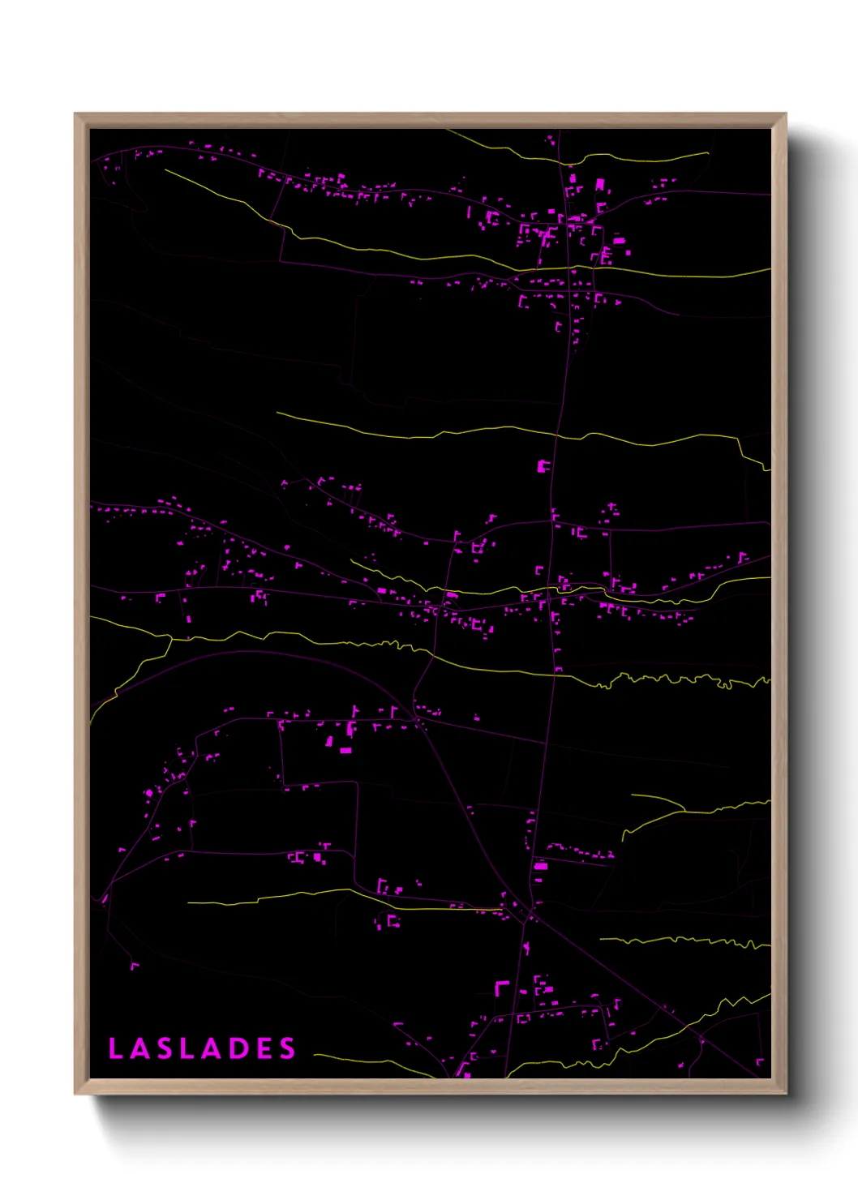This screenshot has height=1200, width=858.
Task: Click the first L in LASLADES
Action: pos(115,1048)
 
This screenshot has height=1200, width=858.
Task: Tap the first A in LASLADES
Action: pos(139,1048)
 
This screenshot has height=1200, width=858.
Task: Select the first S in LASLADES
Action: pos(164,1048)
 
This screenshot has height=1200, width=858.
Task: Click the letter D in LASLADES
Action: pos(238,1048)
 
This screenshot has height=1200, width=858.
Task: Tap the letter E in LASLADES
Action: pos(264,1048)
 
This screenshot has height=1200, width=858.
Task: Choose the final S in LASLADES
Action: pos(288,1048)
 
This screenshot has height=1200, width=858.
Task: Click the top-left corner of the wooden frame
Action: pos(75,114)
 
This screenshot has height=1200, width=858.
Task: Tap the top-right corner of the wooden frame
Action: pos(785,114)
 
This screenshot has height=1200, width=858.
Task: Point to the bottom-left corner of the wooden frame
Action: pos(75,1094)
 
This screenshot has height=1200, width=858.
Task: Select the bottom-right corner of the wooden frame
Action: pos(785,1094)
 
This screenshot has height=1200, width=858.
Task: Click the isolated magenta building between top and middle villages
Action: pos(543,465)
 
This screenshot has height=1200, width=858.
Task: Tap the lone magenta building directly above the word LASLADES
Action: pos(134,965)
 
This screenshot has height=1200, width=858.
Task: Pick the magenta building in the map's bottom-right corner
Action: pos(760,1061)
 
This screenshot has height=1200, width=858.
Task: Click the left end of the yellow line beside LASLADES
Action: pos(315,1055)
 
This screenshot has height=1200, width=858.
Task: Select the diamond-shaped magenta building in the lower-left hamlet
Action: pos(148,792)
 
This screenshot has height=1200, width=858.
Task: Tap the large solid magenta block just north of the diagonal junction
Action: pos(540,867)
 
